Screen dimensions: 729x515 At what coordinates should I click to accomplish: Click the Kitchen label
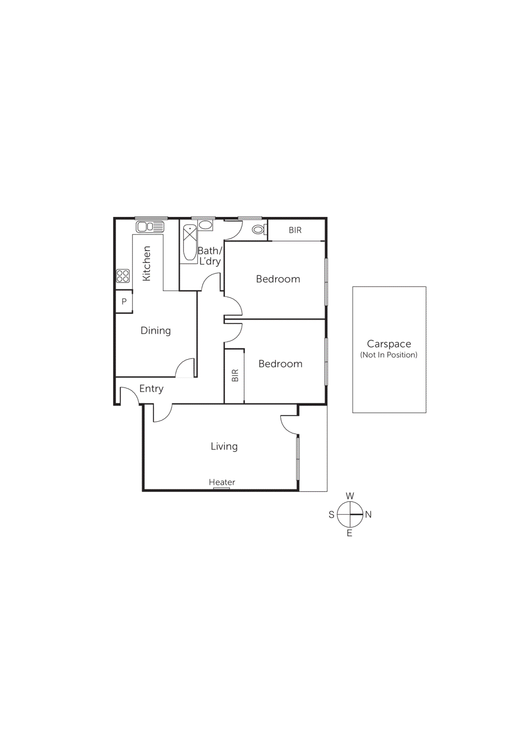click(x=147, y=263)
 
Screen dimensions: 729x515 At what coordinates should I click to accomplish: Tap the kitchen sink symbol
click(x=150, y=226)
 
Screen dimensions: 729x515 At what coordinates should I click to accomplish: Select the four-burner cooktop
click(x=123, y=276)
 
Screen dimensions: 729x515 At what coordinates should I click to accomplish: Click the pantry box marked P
click(x=124, y=302)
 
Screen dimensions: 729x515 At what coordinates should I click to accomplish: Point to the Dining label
click(x=156, y=331)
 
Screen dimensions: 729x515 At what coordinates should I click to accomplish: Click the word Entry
click(x=151, y=389)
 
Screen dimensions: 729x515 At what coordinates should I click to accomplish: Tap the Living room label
click(x=224, y=447)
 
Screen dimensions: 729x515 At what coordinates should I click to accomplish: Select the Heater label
click(x=222, y=482)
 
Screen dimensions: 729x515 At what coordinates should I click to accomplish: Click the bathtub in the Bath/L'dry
click(x=190, y=242)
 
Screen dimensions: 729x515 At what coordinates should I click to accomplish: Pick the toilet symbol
click(x=259, y=230)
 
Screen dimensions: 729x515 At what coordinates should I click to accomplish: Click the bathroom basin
click(x=205, y=225)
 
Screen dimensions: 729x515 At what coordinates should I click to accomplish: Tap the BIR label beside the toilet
click(x=295, y=230)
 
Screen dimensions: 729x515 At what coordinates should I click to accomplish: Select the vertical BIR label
click(x=235, y=375)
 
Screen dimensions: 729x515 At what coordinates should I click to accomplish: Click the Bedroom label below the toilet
click(x=278, y=279)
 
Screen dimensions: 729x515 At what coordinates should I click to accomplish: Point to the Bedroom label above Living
click(x=280, y=364)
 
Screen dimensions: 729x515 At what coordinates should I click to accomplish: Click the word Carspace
click(x=389, y=344)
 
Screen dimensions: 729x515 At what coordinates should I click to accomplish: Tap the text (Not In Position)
click(x=389, y=355)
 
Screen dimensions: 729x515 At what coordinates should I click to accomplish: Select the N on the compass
click(x=368, y=514)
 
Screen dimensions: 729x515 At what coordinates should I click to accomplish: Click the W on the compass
click(x=350, y=496)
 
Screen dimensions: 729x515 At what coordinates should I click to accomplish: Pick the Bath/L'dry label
click(x=210, y=256)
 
